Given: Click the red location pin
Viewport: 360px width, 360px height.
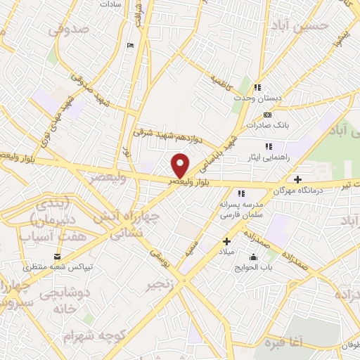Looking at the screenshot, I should point(181,165).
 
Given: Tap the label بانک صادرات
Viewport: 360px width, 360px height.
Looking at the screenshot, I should point(268,125).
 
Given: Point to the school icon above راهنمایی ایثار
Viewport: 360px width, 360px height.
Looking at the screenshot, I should point(269,146).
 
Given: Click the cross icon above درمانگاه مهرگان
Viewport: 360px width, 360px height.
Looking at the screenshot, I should point(298,179).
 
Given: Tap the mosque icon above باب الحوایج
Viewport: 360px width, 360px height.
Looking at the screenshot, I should point(253,257).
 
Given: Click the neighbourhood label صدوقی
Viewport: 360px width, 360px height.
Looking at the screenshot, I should point(69,30).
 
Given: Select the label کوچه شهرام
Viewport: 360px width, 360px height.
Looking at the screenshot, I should point(87,337).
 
